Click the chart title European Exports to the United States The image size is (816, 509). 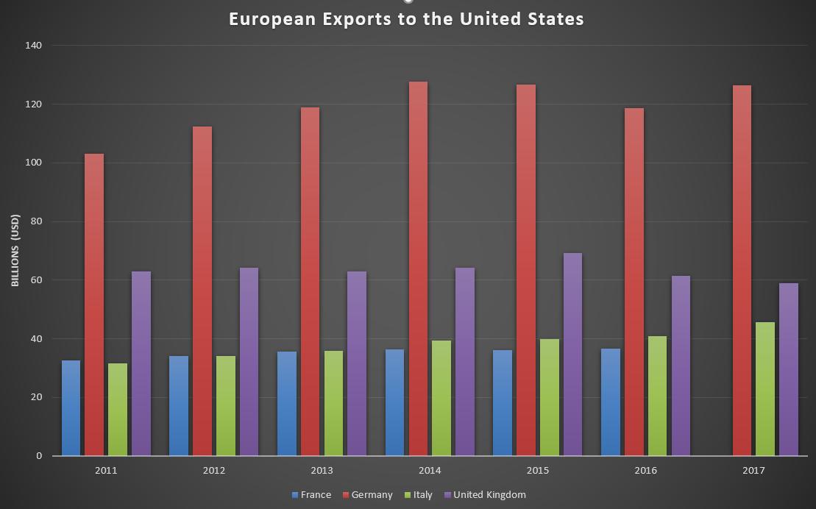(x=406, y=19)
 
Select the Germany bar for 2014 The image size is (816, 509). (x=418, y=268)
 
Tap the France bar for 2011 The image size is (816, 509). (x=71, y=408)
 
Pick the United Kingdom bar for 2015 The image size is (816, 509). (x=572, y=355)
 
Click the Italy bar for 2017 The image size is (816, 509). (x=765, y=389)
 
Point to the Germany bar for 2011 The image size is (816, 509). (x=94, y=305)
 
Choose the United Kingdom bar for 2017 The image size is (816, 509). (x=789, y=369)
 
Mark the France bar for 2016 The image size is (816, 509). (x=611, y=402)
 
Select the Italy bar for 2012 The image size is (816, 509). (x=226, y=406)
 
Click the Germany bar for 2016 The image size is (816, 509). (x=634, y=282)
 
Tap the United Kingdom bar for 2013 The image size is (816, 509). (x=357, y=363)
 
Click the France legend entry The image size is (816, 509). (x=311, y=495)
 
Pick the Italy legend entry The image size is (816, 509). (x=418, y=495)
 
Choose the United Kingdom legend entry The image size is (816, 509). (x=485, y=495)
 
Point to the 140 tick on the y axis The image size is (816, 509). (x=34, y=46)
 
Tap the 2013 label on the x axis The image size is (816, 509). (x=322, y=471)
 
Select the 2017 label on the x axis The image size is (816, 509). (x=753, y=471)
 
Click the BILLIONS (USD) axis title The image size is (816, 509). (x=15, y=251)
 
